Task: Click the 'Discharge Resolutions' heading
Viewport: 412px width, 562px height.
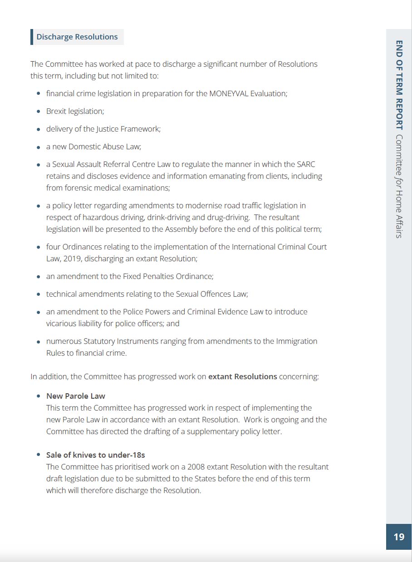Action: (77, 37)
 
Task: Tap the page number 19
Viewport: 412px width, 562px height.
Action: (399, 537)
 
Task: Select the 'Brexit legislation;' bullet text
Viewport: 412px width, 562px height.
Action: (75, 111)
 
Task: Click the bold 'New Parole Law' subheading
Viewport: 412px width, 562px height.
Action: (76, 396)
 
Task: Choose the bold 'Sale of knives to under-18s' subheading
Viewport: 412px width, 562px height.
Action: (96, 455)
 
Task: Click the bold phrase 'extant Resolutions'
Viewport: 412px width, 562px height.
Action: (242, 376)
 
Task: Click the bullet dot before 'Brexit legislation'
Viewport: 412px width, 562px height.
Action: (39, 112)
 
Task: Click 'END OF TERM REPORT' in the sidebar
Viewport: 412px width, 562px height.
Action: (399, 85)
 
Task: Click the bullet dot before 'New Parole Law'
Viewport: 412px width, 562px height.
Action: (39, 396)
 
